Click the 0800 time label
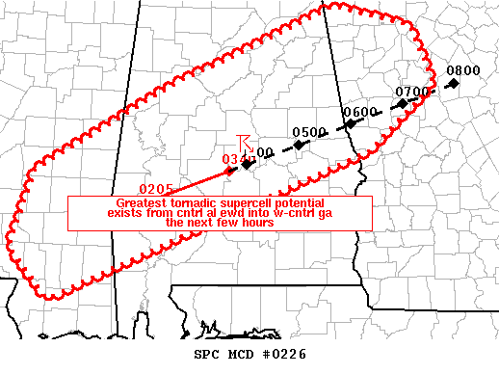pyautogui.click(x=463, y=70)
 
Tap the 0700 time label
pyautogui.click(x=412, y=92)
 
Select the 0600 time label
pyautogui.click(x=360, y=112)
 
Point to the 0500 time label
pyautogui.click(x=308, y=132)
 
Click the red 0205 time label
pyautogui.click(x=156, y=188)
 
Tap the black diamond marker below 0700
pyautogui.click(x=403, y=103)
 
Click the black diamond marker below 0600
pyautogui.click(x=352, y=123)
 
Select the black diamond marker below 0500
pyautogui.click(x=300, y=145)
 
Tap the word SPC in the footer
pyautogui.click(x=195, y=356)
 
